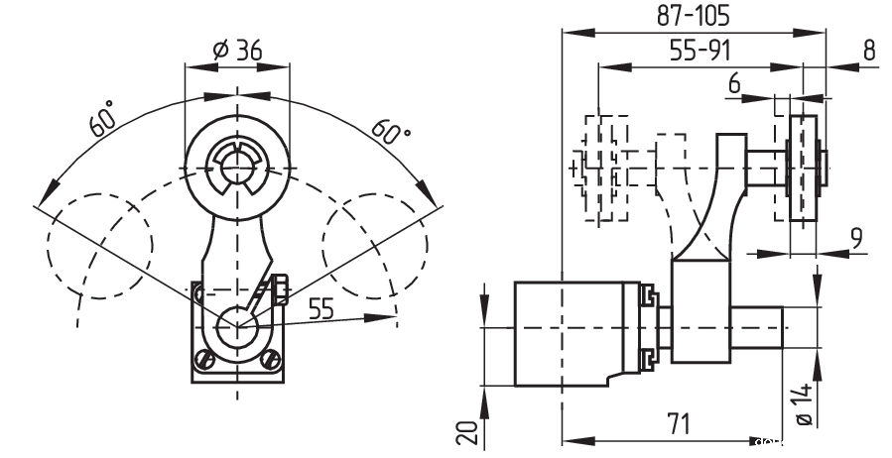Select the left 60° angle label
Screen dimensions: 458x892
103,118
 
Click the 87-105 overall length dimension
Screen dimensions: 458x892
694,14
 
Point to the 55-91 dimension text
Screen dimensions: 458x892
693,52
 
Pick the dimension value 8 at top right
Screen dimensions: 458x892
869,52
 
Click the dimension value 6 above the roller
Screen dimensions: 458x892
734,85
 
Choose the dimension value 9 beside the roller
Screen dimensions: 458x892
856,238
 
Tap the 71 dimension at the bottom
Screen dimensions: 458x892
677,424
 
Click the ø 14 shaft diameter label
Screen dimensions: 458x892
806,406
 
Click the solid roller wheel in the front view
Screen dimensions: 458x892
238,164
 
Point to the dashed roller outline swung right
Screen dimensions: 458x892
375,243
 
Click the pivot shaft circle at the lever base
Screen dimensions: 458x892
238,327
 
